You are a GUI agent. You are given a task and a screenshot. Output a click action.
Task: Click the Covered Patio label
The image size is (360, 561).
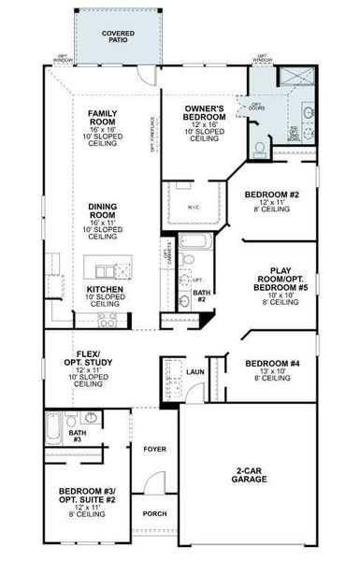pos(118,36)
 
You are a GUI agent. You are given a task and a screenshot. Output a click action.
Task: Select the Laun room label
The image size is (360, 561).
pos(194,372)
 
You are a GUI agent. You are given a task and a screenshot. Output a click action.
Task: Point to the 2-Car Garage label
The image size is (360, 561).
pos(251,475)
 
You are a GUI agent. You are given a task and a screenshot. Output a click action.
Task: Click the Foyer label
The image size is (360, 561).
pos(154,450)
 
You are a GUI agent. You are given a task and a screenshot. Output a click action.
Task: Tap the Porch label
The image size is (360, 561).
pos(154,514)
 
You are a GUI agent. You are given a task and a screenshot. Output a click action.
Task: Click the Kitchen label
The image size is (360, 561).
pos(105,290)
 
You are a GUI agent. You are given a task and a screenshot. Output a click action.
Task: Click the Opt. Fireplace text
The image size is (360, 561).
pos(156,126)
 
